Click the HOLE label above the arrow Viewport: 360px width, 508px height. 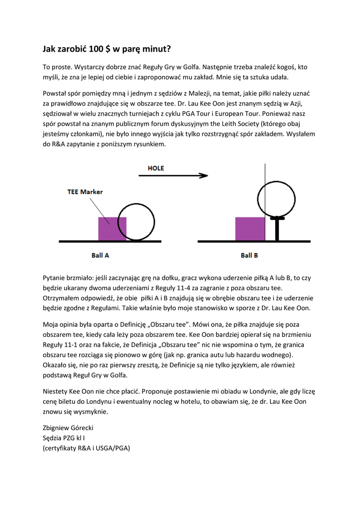tap(155, 168)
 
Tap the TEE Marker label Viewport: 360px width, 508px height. tap(85, 192)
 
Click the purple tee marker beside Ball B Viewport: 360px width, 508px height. tap(250, 229)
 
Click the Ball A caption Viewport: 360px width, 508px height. tap(100, 255)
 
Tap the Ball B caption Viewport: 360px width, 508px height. tap(249, 255)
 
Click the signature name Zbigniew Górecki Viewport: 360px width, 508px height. tap(68, 428)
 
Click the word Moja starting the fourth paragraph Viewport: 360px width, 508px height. tap(51, 324)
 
